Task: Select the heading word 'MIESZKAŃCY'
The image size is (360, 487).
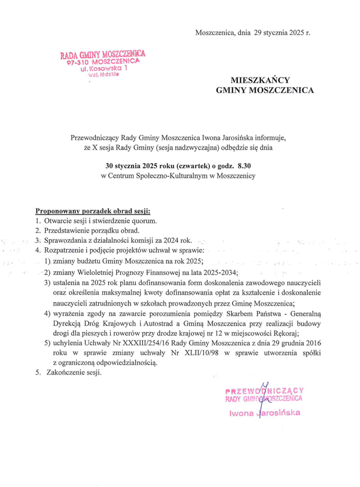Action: pos(265,80)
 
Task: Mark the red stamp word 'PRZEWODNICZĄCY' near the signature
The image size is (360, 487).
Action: pos(265,391)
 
